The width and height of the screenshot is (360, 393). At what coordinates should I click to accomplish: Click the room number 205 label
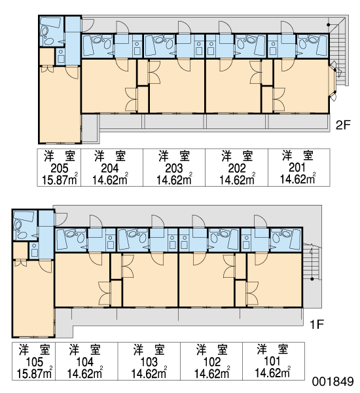click(x=60, y=168)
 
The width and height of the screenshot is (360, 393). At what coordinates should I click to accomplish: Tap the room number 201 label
click(x=297, y=168)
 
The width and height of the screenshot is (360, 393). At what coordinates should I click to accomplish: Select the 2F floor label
click(x=343, y=125)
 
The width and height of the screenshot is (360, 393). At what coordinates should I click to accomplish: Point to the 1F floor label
click(x=317, y=324)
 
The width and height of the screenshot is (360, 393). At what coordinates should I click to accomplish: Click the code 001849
click(x=333, y=381)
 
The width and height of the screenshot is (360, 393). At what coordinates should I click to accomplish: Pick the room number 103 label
click(x=149, y=362)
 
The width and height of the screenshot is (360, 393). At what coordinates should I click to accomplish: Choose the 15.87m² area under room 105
click(x=35, y=373)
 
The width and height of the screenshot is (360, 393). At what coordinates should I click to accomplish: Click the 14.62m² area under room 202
click(x=237, y=179)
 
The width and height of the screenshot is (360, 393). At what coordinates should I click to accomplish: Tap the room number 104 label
click(x=85, y=362)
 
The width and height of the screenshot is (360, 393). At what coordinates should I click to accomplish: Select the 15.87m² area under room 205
click(x=60, y=179)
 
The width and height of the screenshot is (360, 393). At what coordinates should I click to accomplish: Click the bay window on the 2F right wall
click(x=333, y=81)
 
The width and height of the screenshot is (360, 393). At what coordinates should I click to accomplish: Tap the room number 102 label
click(x=211, y=362)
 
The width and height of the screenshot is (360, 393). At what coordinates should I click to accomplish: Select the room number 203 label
click(x=174, y=168)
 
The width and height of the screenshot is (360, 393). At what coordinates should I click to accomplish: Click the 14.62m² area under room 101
click(x=272, y=373)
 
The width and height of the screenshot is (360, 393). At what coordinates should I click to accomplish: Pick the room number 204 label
click(x=110, y=168)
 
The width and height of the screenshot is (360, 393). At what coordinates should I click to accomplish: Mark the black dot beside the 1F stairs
click(x=312, y=279)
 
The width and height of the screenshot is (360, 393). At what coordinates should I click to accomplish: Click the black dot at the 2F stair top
click(x=328, y=25)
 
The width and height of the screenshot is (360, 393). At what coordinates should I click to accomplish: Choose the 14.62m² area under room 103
click(x=149, y=373)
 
